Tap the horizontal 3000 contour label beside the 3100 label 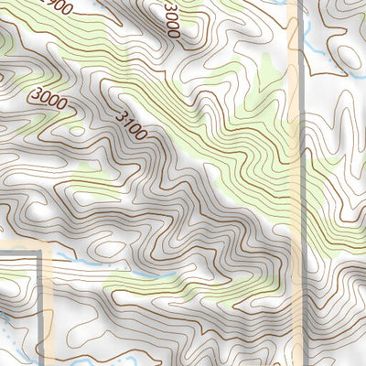coord(48,98)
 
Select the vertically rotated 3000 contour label coord(171,19)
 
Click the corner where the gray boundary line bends coord(40,253)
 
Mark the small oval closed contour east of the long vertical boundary coord(349,56)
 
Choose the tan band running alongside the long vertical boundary coord(293,183)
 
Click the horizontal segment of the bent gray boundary coord(18,253)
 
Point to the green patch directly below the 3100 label coord(91,178)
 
